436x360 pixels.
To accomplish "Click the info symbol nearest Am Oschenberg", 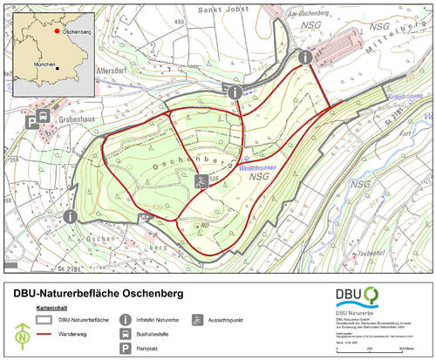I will [x=304, y=57].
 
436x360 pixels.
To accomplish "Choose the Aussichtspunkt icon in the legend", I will [x=199, y=320].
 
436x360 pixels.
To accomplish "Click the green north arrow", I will [x=19, y=331].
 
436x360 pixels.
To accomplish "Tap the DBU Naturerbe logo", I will [x=360, y=299].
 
